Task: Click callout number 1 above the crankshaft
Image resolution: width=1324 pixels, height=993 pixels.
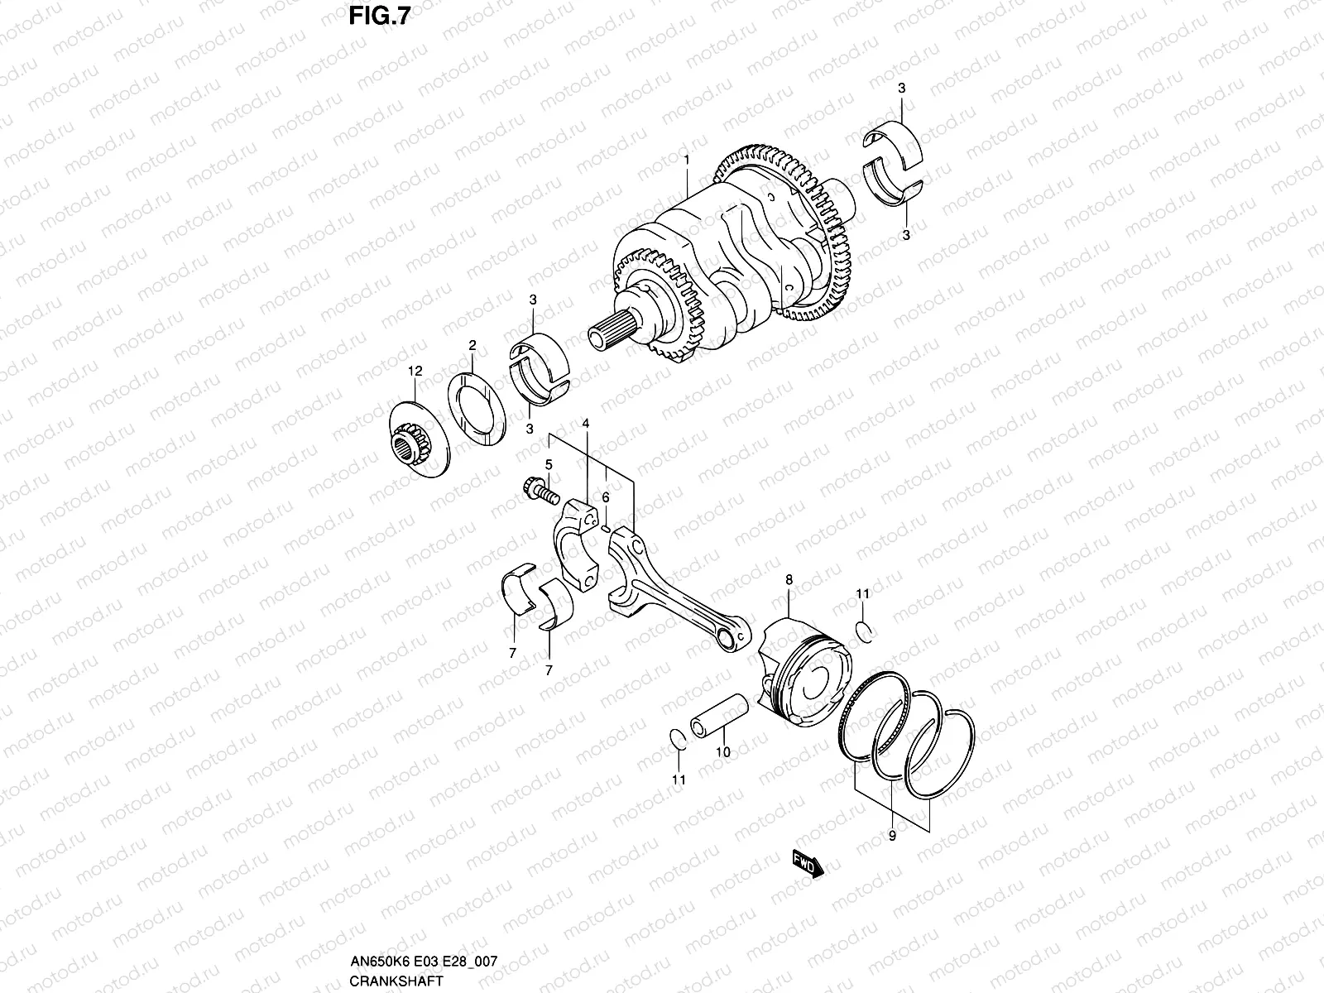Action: [x=686, y=157]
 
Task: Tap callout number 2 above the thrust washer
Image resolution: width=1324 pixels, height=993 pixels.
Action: [x=472, y=345]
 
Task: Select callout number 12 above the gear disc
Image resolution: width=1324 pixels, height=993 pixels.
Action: [x=415, y=372]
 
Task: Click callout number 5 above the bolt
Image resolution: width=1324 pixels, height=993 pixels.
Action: [x=548, y=464]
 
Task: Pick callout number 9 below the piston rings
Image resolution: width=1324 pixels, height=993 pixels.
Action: [x=892, y=837]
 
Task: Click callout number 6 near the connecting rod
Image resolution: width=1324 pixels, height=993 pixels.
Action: [x=606, y=497]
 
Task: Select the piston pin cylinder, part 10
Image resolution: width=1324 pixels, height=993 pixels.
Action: [x=721, y=712]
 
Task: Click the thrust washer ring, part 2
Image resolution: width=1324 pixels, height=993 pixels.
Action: [x=477, y=410]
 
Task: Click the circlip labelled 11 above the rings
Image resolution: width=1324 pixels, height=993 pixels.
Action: [x=865, y=631]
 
